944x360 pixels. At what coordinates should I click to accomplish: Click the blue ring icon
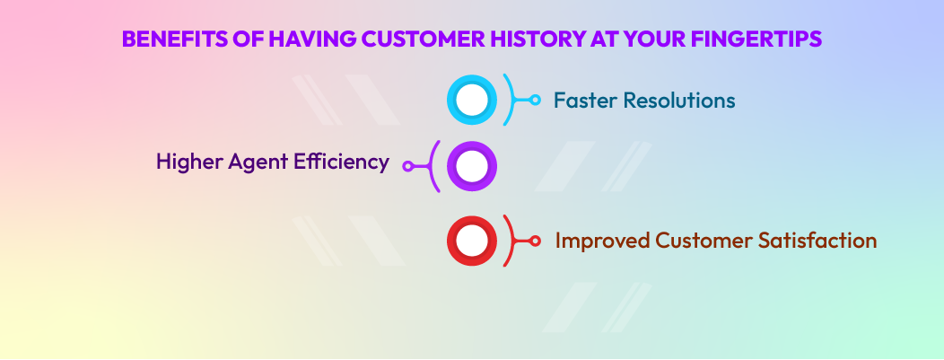point(471,100)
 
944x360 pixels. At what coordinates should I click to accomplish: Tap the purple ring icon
point(471,166)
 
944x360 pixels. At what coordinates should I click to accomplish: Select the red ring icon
point(471,241)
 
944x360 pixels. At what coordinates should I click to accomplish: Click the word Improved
point(600,241)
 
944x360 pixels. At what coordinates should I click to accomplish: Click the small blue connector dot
point(536,100)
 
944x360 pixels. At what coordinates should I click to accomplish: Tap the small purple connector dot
point(407,166)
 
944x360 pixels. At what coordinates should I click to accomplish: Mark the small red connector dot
point(536,241)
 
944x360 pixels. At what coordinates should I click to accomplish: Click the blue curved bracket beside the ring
point(511,100)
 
